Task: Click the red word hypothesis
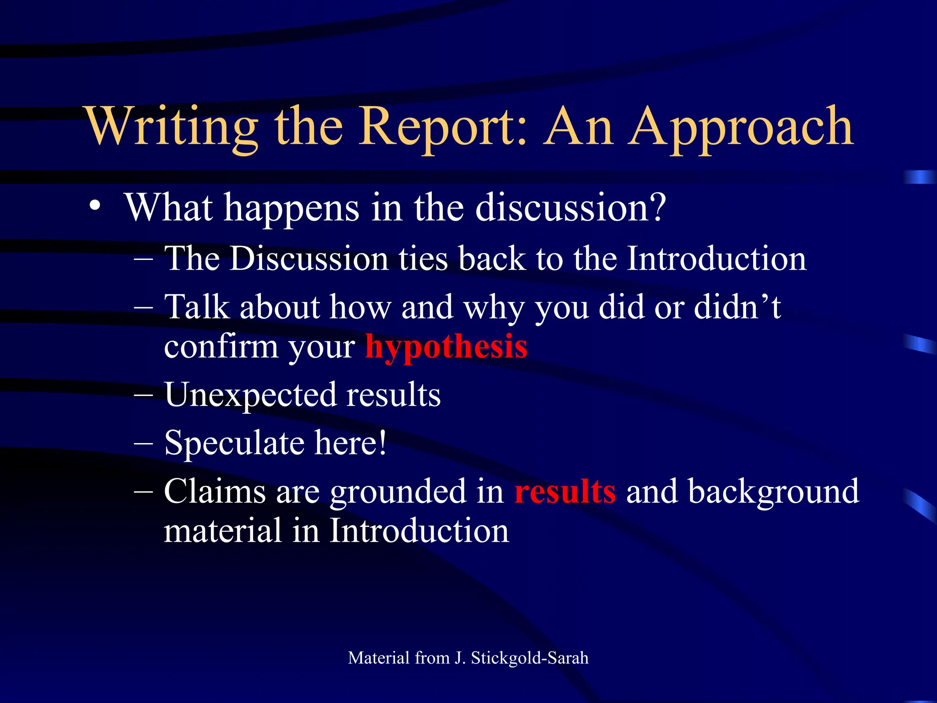[446, 346]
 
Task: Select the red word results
[565, 492]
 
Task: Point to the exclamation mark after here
[382, 442]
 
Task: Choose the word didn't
[737, 307]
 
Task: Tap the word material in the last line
[222, 531]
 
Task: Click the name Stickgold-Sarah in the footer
[529, 658]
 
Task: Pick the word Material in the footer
[378, 658]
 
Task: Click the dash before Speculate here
[144, 443]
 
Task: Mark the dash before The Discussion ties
[144, 259]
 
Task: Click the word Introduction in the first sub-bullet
[716, 259]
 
